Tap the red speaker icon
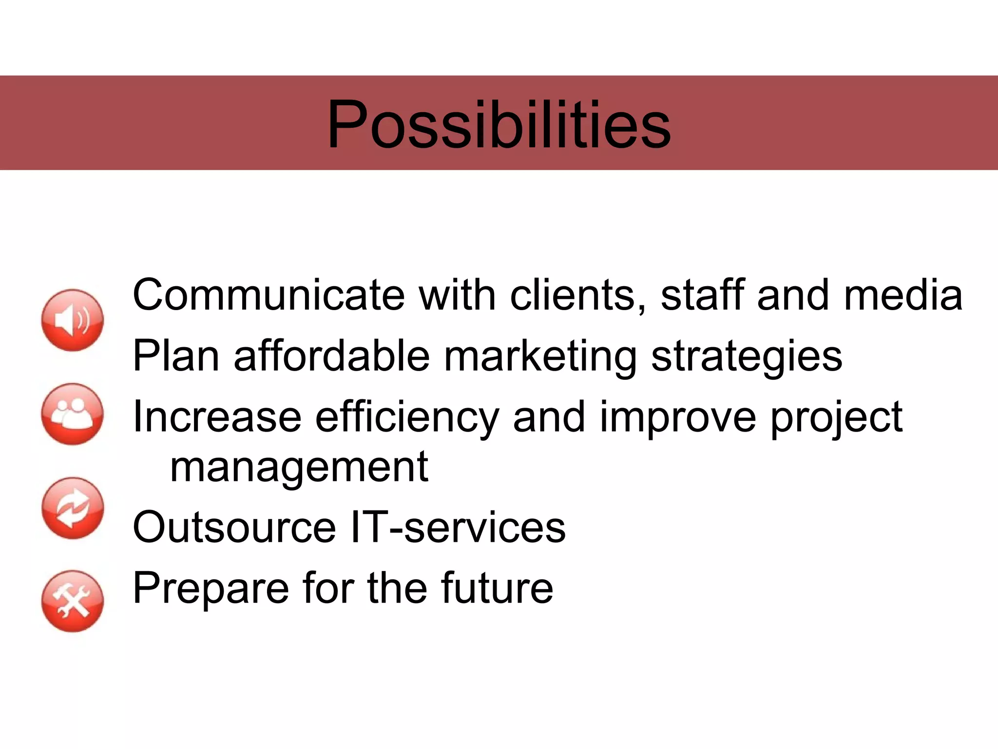click(73, 320)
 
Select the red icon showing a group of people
click(73, 414)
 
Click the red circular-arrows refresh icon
click(73, 508)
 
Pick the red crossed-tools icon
click(73, 601)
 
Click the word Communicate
click(269, 295)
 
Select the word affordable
click(332, 356)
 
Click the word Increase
click(217, 417)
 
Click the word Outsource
click(234, 527)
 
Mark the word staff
click(702, 295)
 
